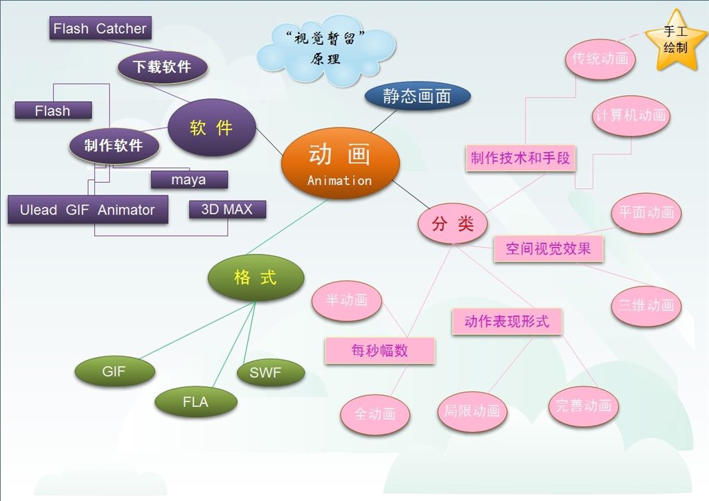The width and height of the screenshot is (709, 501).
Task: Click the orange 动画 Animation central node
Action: click(340, 164)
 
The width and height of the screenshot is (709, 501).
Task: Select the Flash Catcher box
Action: click(100, 28)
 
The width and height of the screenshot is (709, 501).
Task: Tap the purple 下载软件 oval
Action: click(163, 66)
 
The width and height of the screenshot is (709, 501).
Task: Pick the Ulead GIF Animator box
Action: click(87, 210)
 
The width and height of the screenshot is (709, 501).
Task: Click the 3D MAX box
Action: click(227, 210)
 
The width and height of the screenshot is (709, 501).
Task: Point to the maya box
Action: click(188, 180)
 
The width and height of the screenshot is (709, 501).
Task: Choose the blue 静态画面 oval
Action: click(417, 97)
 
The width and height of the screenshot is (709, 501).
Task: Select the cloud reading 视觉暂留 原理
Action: click(325, 50)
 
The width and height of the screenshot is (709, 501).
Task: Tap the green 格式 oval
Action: click(255, 278)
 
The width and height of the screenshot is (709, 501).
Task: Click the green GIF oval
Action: click(114, 372)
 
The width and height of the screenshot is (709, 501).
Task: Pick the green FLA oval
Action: click(195, 401)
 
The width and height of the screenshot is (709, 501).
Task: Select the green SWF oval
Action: click(270, 373)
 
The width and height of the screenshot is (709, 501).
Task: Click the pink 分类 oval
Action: click(453, 224)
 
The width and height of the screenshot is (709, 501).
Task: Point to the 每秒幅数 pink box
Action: click(379, 351)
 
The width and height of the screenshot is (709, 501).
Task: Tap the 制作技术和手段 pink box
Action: click(520, 158)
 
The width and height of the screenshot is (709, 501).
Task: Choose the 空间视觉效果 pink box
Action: click(548, 249)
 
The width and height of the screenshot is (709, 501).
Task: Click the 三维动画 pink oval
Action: click(646, 305)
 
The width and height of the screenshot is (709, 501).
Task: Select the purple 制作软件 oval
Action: click(114, 145)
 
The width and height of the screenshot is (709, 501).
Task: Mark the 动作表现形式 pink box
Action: click(506, 322)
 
